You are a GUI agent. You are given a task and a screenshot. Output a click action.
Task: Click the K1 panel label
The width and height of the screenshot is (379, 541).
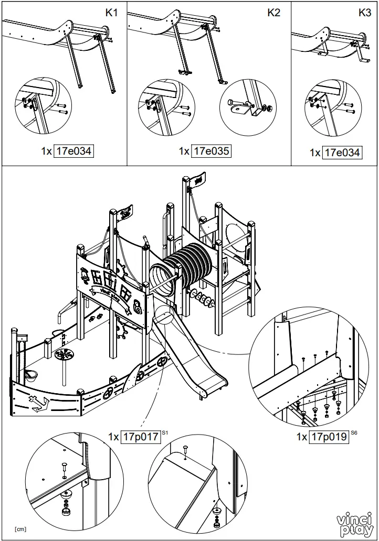click(111, 13)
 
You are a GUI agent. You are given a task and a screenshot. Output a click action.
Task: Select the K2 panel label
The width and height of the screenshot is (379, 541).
click(274, 13)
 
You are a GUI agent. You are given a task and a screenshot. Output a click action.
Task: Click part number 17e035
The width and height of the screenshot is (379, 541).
click(212, 151)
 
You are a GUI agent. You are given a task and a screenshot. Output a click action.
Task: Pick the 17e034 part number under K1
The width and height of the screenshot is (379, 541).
click(73, 151)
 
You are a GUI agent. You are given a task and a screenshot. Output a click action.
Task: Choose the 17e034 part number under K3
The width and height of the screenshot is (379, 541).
click(342, 153)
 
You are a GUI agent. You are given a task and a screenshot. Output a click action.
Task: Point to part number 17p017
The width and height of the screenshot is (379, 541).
click(141, 437)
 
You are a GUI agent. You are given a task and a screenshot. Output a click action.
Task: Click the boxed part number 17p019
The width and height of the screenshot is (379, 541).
click(329, 436)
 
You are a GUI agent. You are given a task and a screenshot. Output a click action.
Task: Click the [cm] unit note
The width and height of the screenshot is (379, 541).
click(20, 528)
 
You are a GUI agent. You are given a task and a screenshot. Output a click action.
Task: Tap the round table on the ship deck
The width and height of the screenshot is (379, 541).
click(65, 355)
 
